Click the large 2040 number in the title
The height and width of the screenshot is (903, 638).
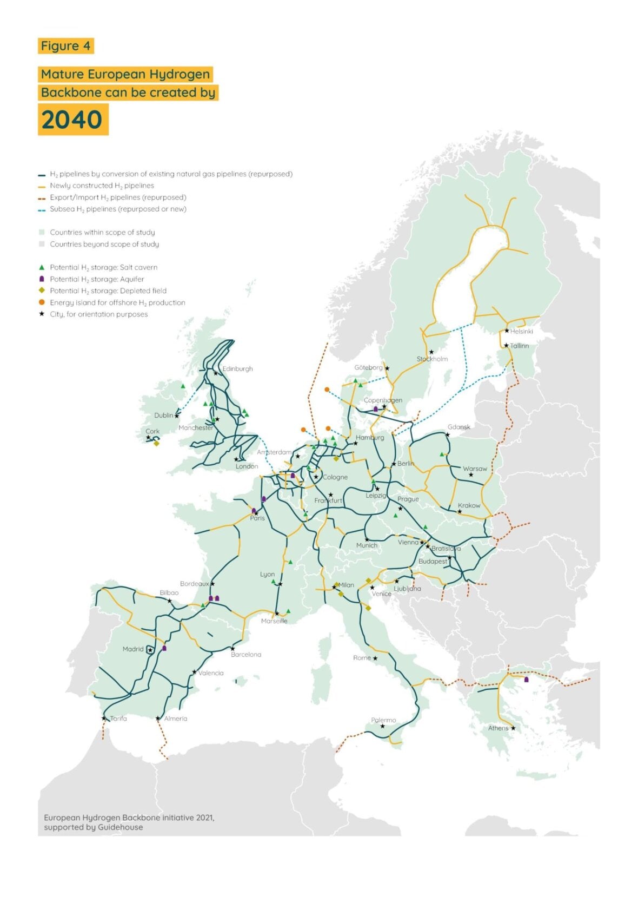tap(72, 120)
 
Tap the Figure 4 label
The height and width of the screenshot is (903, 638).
tap(65, 46)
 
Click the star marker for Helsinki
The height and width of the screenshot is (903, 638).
tap(507, 331)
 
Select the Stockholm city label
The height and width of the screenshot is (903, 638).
tap(432, 359)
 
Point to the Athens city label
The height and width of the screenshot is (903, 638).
tap(498, 728)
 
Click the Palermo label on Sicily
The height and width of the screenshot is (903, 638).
tap(383, 720)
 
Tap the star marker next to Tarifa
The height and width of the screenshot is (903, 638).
tap(104, 719)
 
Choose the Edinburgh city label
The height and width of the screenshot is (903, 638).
tap(238, 369)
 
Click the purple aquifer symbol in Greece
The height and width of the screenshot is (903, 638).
tap(526, 680)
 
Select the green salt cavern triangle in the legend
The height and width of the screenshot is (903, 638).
tap(42, 267)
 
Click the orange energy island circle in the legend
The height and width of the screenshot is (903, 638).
tap(42, 302)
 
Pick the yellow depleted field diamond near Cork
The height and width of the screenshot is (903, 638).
tap(156, 444)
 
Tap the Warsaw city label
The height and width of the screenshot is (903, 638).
tap(475, 469)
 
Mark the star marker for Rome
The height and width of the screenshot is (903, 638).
tap(375, 658)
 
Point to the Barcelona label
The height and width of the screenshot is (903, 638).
tap(246, 655)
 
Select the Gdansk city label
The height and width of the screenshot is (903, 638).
tap(459, 427)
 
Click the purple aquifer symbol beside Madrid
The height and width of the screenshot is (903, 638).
tap(164, 648)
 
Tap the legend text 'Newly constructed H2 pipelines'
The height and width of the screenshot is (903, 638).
tap(102, 186)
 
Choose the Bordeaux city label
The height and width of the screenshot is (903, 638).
tap(194, 584)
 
